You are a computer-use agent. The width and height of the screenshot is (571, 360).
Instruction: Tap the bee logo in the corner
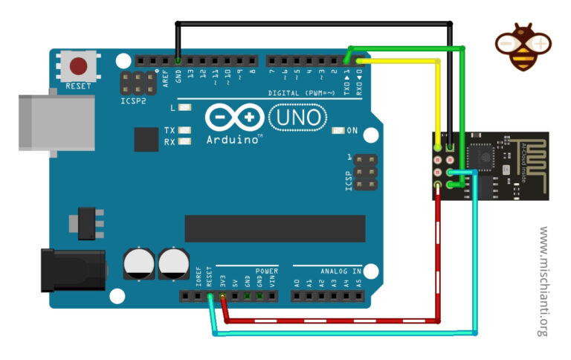pos(523,46)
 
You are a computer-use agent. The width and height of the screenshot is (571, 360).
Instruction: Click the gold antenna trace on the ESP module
pos(529,161)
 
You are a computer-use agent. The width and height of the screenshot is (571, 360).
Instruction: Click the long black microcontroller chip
pos(274,228)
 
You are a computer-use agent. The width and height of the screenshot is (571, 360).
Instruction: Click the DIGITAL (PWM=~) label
pos(301,93)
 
